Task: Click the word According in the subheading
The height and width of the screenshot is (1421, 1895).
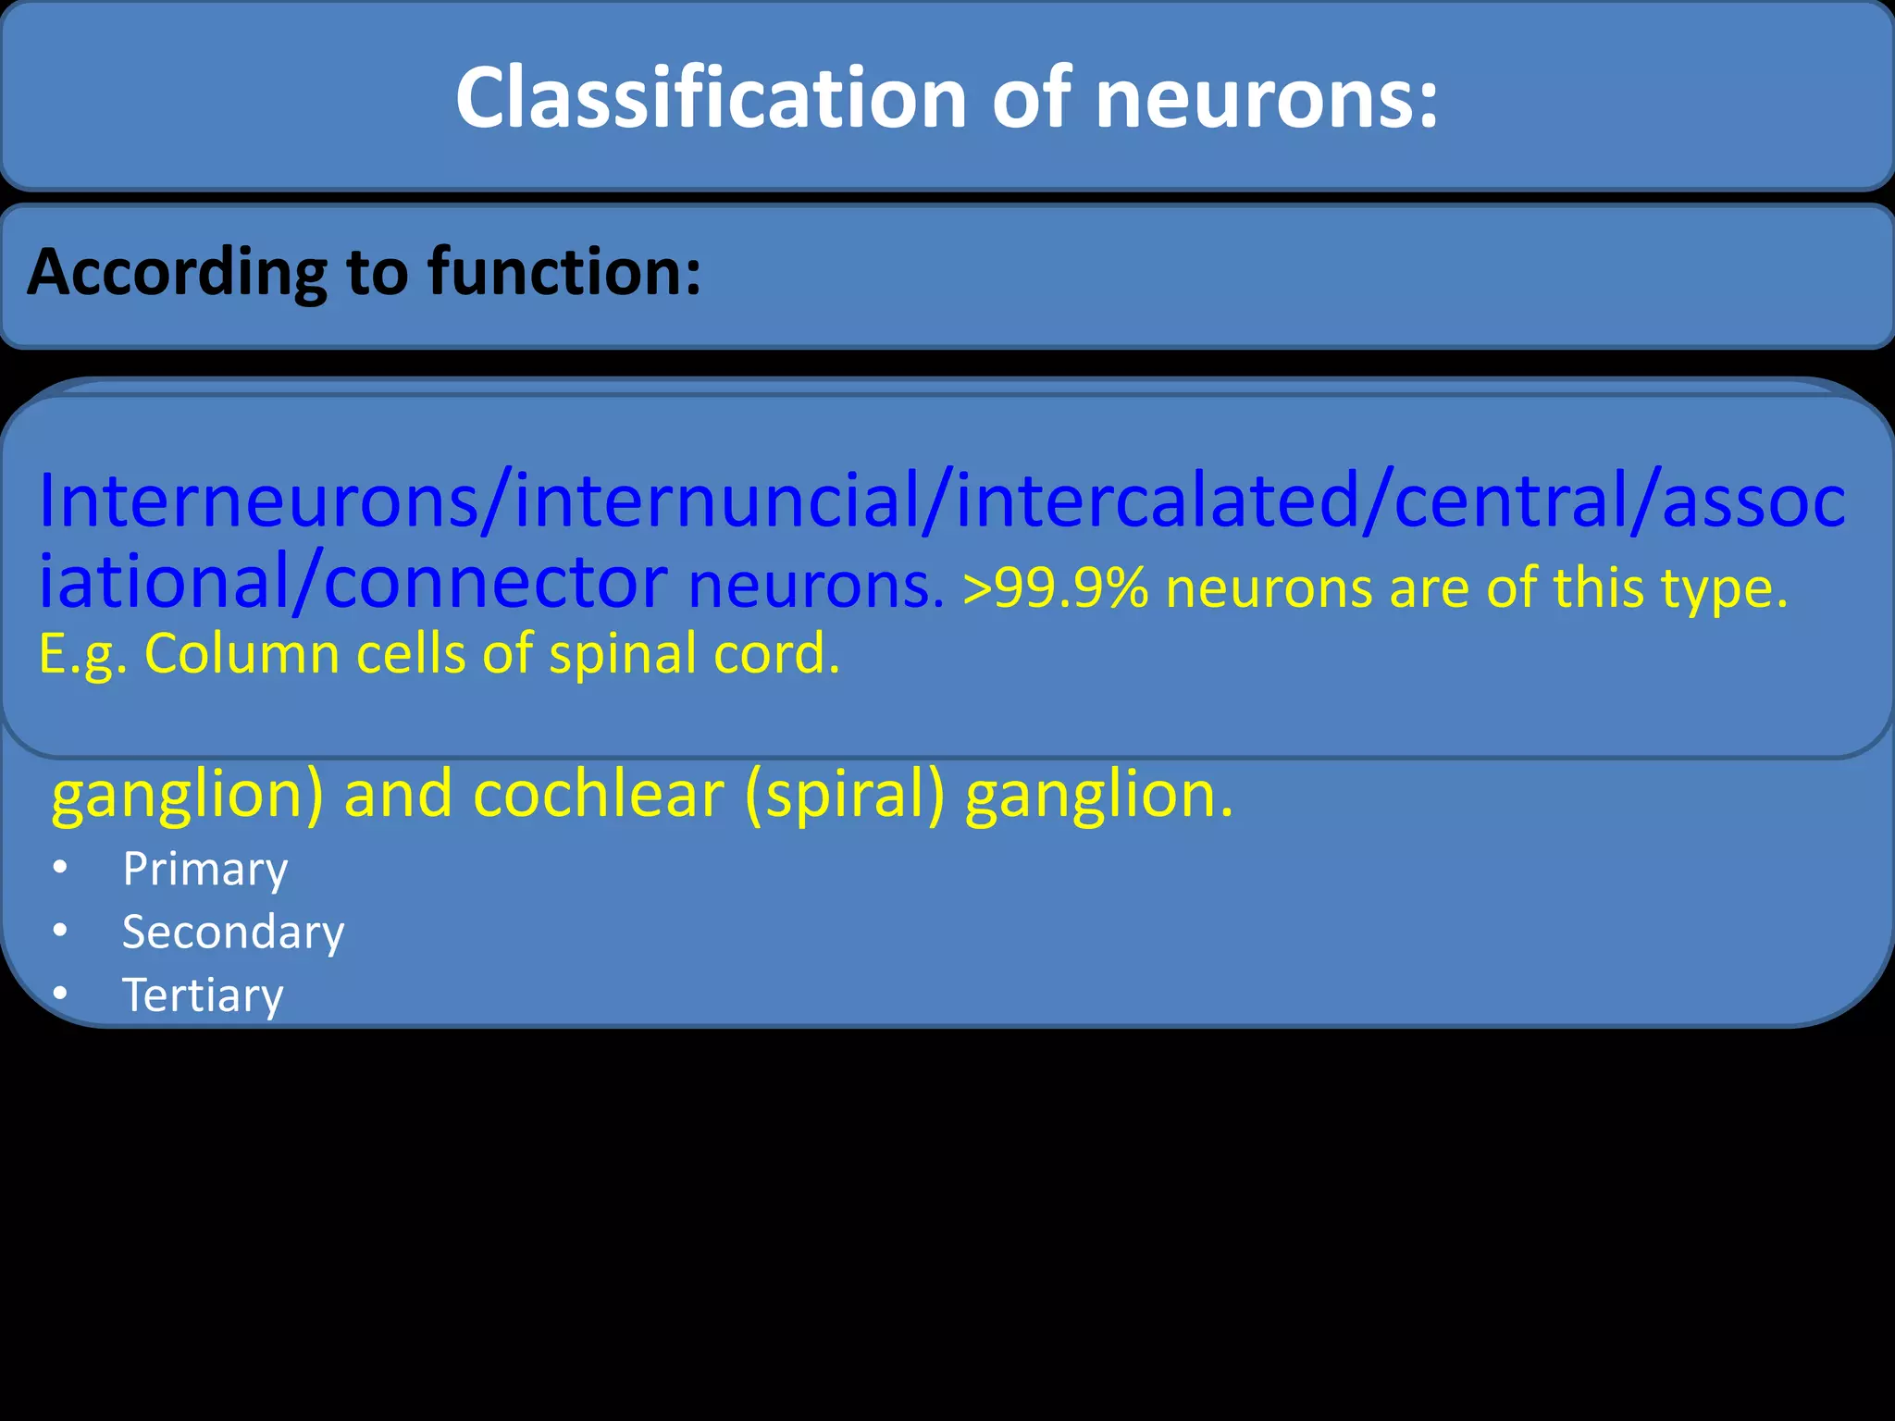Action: pyautogui.click(x=177, y=272)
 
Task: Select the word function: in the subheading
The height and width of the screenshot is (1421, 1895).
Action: pyautogui.click(x=564, y=272)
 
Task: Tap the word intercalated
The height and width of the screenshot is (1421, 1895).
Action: pyautogui.click(x=1157, y=500)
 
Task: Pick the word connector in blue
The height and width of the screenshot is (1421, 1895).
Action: pyautogui.click(x=495, y=583)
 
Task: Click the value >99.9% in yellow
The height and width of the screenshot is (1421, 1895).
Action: pyautogui.click(x=1055, y=587)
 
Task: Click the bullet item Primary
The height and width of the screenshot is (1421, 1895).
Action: pyautogui.click(x=204, y=870)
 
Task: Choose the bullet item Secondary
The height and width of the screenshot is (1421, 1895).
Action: pyautogui.click(x=232, y=932)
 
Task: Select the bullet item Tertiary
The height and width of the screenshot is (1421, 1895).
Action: pyautogui.click(x=203, y=995)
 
